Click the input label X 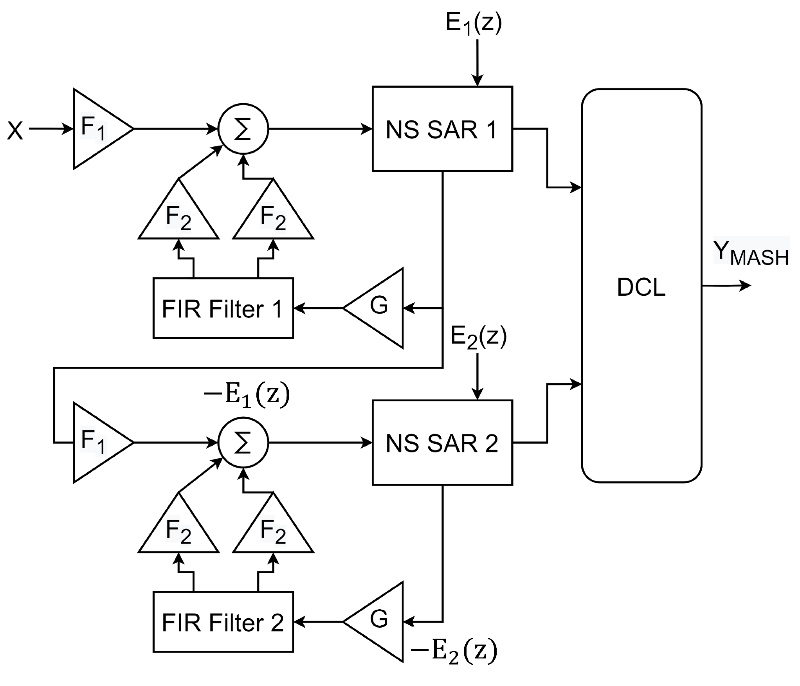click(15, 130)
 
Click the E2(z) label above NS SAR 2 click(479, 337)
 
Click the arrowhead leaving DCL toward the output click(746, 286)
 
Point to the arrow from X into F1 click(51, 129)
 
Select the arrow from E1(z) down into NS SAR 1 click(477, 63)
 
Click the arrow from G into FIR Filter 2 click(319, 622)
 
